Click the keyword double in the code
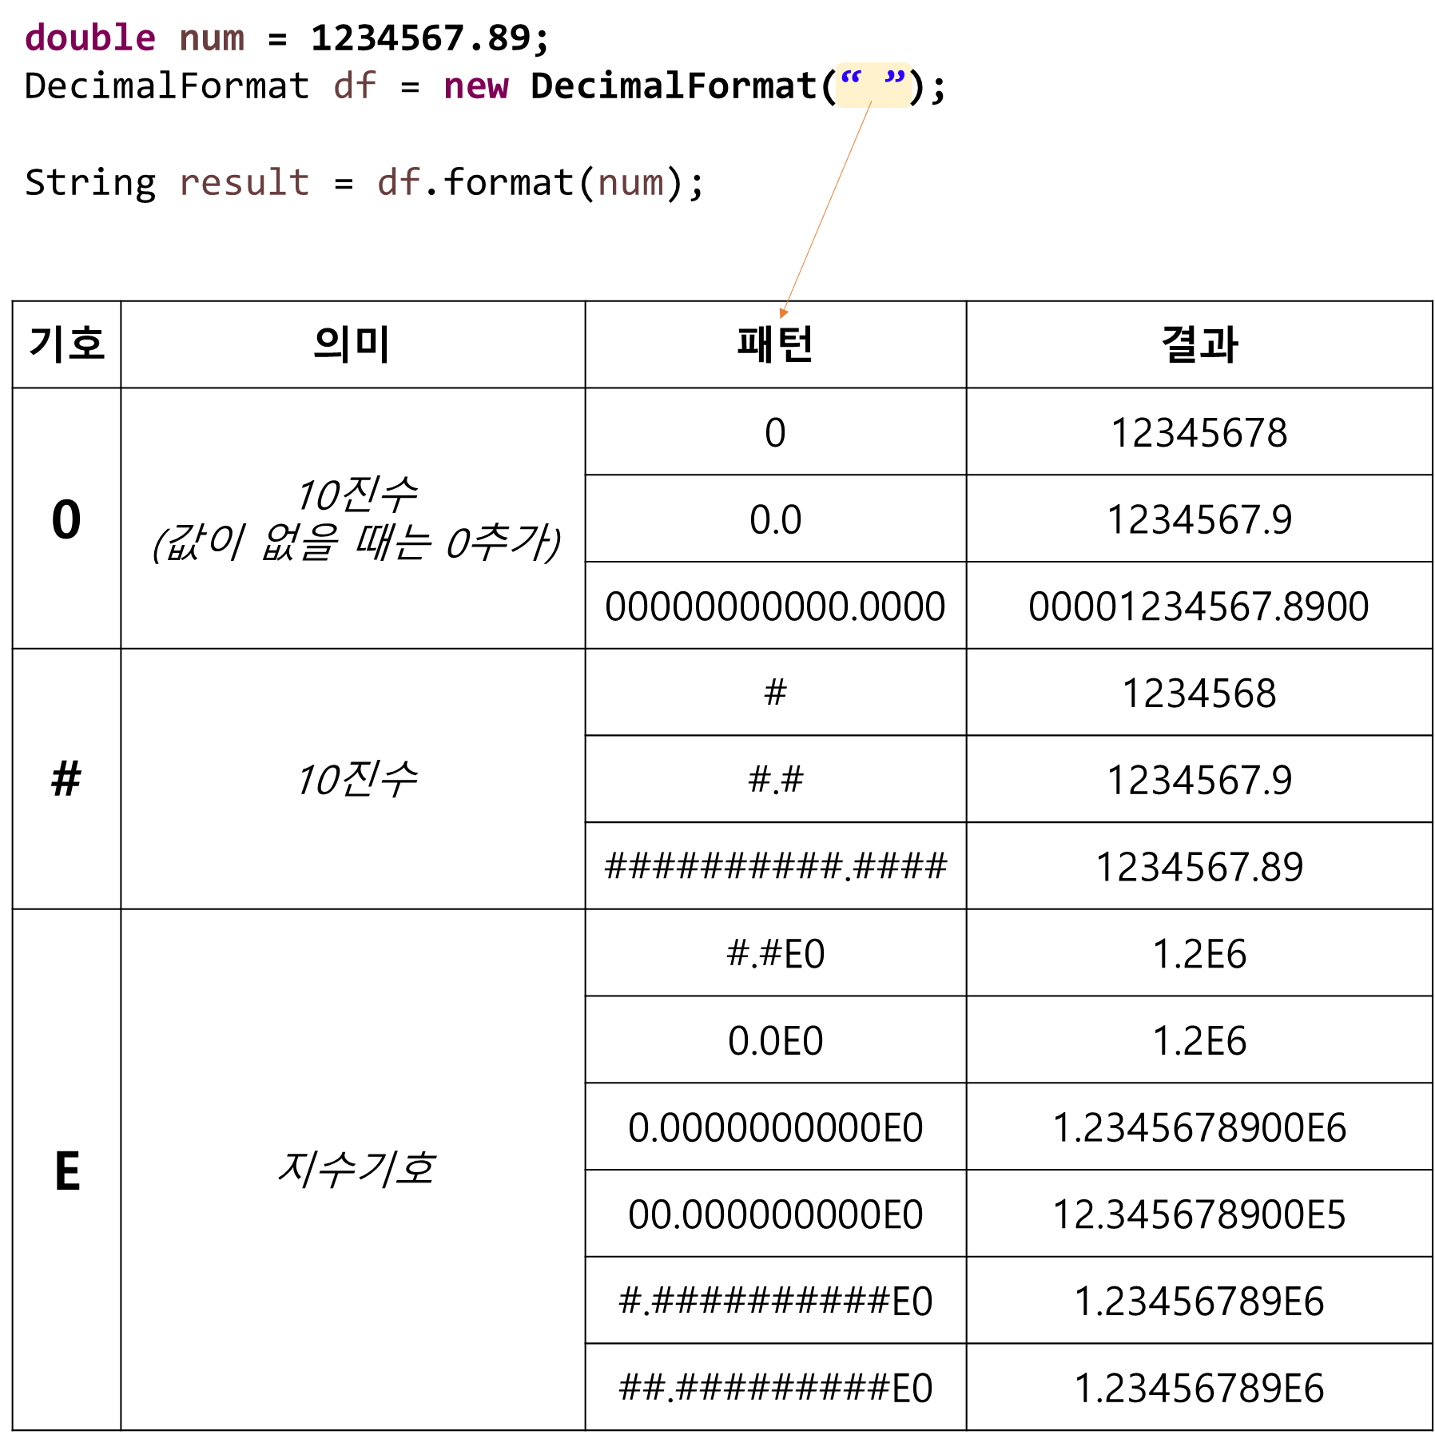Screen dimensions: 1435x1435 90,38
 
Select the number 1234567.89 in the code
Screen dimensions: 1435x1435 420,38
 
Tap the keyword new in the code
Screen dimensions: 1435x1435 475,86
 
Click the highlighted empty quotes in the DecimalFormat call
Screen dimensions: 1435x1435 873,85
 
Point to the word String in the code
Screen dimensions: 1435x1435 90,183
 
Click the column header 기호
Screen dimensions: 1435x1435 66,344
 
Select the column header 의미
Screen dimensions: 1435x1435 352,344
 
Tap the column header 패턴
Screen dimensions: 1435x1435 775,344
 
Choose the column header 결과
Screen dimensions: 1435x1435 1199,344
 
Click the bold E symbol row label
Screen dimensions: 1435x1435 67,1171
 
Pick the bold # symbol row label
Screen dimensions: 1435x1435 66,778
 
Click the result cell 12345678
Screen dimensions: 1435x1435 1199,433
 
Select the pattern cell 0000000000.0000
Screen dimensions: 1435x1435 775,606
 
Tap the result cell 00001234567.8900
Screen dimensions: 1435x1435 1199,606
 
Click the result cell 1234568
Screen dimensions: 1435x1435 1199,694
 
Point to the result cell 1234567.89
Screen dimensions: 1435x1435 1199,867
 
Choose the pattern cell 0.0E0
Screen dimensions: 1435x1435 775,1040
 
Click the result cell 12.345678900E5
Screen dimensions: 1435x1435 1199,1214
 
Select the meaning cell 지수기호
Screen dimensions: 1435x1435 354,1169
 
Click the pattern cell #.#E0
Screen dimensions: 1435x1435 775,954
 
